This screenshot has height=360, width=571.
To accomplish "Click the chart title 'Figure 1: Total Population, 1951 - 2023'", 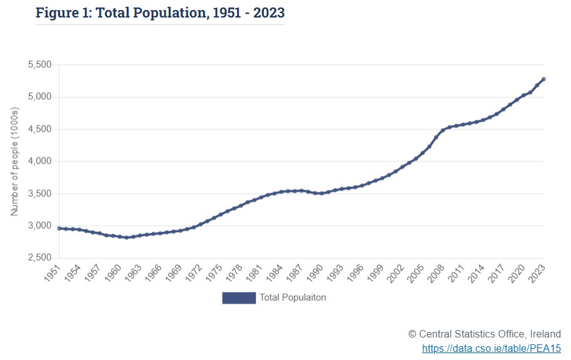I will point(159,12).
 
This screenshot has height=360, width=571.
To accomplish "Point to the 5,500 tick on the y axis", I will point(39,65).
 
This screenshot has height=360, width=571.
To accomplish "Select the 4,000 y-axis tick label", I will point(39,161).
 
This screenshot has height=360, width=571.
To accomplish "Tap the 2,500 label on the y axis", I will point(39,257).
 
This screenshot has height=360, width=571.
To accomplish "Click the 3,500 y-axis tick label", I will point(39,194).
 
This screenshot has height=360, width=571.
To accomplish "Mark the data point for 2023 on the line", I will point(543,79).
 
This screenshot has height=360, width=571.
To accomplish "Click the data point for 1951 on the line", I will point(59,228).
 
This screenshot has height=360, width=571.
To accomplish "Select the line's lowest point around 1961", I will point(126,237).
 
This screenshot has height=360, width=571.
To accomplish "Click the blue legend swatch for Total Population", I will point(239,298).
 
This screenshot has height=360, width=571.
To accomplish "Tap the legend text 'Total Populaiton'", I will point(293,298).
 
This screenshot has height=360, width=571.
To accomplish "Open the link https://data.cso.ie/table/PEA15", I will point(492,348).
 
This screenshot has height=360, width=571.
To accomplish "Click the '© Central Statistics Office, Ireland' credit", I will point(485,334).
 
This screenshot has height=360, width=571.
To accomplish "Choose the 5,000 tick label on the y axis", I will point(39,97).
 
